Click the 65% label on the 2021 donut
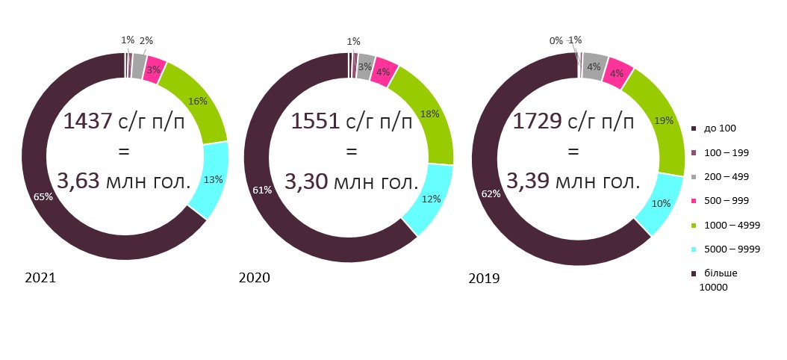43,197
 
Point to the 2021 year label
40,278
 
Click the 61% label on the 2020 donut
262,190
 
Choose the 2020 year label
254,278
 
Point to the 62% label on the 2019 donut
490,194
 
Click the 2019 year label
484,279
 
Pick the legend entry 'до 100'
721,128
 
